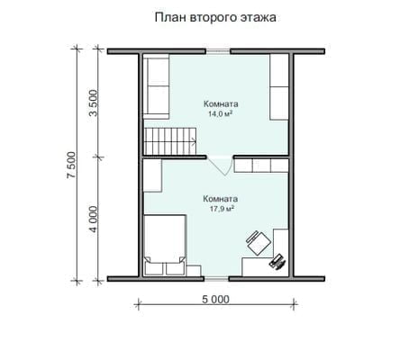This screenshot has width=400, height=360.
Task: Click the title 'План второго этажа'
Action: point(215,18)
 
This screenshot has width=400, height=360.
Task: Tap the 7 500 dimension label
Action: point(71,166)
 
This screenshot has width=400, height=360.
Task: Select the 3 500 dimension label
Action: point(94,103)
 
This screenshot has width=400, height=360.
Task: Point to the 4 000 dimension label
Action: point(94,220)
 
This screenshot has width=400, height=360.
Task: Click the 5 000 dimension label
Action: point(215,299)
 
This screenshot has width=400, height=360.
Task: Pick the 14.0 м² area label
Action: point(221,114)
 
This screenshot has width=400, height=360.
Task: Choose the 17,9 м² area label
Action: point(222,209)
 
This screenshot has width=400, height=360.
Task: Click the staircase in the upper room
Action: point(170,140)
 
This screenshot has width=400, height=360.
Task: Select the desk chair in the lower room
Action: point(258,242)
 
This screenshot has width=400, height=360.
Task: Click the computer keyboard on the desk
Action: point(278,262)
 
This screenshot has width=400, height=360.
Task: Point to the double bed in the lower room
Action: point(165,245)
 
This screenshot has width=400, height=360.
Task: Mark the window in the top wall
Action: point(218,51)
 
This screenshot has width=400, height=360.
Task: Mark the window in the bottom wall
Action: point(216,279)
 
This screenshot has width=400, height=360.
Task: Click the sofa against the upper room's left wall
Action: point(156,86)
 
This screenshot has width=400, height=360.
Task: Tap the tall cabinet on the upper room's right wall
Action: point(279,87)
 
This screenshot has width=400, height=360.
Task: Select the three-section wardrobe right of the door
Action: point(261,166)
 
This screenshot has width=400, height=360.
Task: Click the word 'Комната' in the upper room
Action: point(221,104)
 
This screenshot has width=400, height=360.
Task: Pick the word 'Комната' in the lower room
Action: point(221,199)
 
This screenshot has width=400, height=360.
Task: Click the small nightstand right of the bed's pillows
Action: point(193,271)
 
